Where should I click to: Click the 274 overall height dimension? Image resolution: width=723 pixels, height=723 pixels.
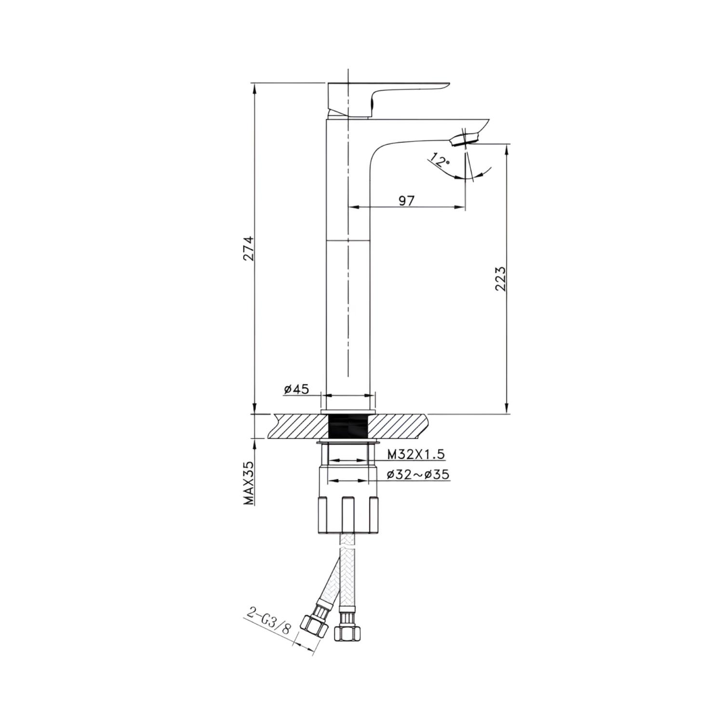[x=249, y=248]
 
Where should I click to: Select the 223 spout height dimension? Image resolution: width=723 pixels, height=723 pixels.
[x=501, y=279]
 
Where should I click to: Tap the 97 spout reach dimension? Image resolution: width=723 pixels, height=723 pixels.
[x=406, y=200]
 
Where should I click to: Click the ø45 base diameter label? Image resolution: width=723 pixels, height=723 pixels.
[x=296, y=389]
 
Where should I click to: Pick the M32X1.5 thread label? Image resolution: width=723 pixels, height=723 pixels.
[x=416, y=454]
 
